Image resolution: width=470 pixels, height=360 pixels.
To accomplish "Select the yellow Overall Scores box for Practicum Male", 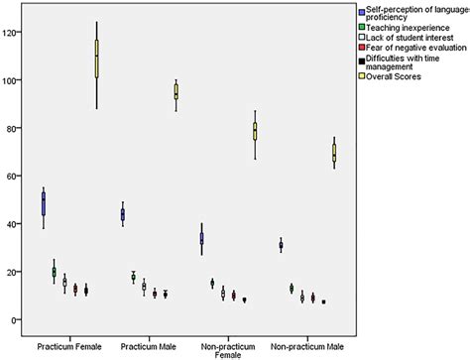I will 176,92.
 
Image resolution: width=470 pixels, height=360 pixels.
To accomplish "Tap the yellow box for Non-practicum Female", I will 255,131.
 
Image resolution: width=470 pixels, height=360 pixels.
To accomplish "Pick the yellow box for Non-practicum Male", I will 334,153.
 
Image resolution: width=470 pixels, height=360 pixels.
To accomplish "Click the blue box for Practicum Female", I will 44,204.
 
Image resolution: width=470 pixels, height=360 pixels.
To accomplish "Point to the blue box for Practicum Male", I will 123,214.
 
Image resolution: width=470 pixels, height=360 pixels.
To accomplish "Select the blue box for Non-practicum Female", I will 202,238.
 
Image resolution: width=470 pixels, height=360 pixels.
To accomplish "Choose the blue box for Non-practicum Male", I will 281,245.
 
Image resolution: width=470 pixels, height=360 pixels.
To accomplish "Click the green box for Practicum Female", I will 55,272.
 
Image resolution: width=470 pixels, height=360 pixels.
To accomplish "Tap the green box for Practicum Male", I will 134,278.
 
